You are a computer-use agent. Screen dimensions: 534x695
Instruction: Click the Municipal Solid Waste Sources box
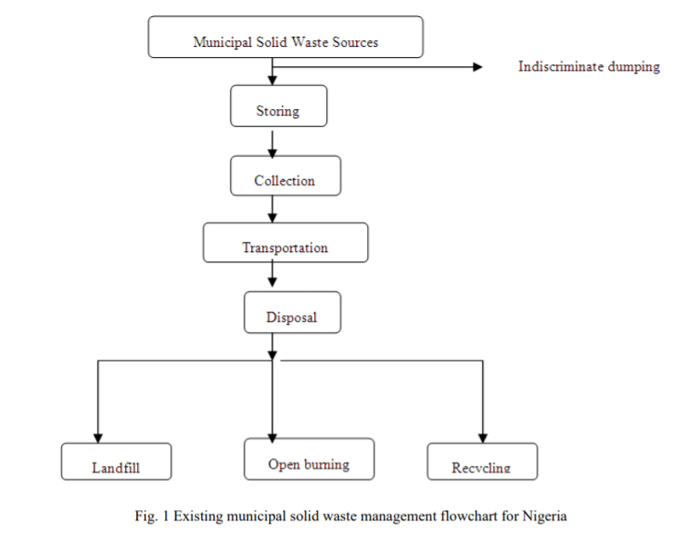click(x=285, y=37)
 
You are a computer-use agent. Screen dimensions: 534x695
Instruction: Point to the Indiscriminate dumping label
click(x=589, y=66)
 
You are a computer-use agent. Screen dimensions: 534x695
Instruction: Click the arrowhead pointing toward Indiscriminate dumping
click(x=478, y=66)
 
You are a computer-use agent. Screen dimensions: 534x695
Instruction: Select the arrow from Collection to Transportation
click(x=272, y=210)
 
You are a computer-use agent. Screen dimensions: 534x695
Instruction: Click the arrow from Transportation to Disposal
click(x=272, y=277)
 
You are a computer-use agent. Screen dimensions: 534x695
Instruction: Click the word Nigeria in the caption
click(x=543, y=515)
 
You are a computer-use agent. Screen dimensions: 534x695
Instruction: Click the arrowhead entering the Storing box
click(x=272, y=79)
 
